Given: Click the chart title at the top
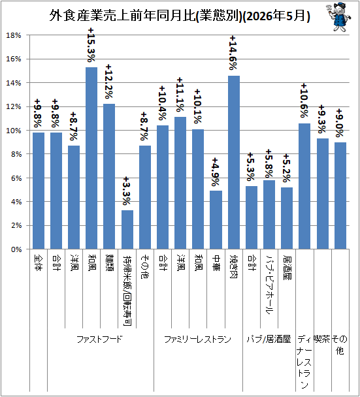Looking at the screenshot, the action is pyautogui.click(x=180, y=16).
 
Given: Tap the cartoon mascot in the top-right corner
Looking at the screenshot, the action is pyautogui.click(x=338, y=17).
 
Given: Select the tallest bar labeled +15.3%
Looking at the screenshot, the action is pyautogui.click(x=91, y=158).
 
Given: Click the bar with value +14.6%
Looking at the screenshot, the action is pyautogui.click(x=234, y=163).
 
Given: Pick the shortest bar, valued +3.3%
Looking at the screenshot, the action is pyautogui.click(x=127, y=230).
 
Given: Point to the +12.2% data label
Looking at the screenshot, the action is pyautogui.click(x=109, y=82).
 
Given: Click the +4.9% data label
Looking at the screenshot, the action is pyautogui.click(x=216, y=172).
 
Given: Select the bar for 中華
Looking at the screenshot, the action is pyautogui.click(x=216, y=220).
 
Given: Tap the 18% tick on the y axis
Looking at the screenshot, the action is pyautogui.click(x=14, y=35).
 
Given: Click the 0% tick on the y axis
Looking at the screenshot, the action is pyautogui.click(x=16, y=249).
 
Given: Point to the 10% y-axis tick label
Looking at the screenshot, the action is pyautogui.click(x=14, y=131).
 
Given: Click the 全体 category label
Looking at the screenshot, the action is pyautogui.click(x=39, y=263).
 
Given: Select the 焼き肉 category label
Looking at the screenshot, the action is pyautogui.click(x=234, y=266).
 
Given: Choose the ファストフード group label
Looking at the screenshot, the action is pyautogui.click(x=99, y=339).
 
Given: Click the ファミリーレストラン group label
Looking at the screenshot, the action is pyautogui.click(x=198, y=339).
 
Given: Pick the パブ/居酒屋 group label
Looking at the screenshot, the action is pyautogui.click(x=269, y=339).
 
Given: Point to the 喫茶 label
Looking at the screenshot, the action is pyautogui.click(x=322, y=339).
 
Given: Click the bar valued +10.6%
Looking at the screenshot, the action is pyautogui.click(x=304, y=186).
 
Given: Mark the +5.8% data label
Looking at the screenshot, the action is pyautogui.click(x=269, y=163).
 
